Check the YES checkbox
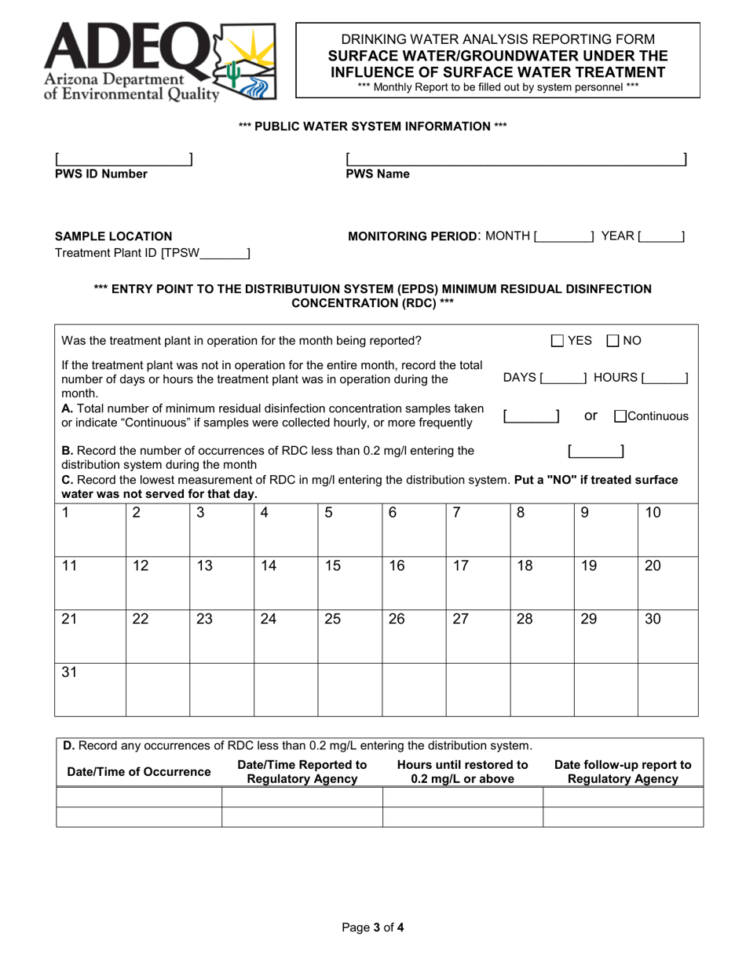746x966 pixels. click(558, 341)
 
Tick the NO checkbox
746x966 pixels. click(614, 341)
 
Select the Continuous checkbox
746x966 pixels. click(620, 416)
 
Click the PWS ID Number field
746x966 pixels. click(123, 159)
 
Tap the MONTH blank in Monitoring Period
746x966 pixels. click(565, 236)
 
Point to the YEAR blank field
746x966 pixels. click(661, 236)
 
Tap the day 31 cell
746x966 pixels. click(90, 688)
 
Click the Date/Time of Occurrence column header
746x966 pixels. click(139, 772)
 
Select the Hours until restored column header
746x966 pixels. click(463, 772)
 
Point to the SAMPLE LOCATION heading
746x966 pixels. click(113, 236)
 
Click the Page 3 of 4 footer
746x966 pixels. click(373, 927)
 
